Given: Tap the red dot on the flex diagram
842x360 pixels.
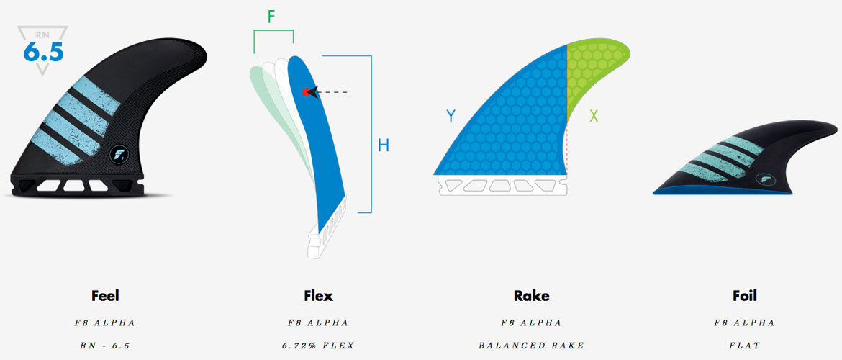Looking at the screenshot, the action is pyautogui.click(x=306, y=92).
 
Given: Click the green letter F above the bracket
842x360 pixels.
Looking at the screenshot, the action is pyautogui.click(x=271, y=17).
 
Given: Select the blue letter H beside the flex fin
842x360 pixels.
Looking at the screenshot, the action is pyautogui.click(x=384, y=145).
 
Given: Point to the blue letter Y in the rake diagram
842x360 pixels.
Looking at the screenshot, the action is pyautogui.click(x=451, y=115).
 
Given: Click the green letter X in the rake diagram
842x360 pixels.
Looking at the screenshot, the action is pyautogui.click(x=594, y=115).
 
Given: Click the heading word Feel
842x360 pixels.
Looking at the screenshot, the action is pyautogui.click(x=105, y=295).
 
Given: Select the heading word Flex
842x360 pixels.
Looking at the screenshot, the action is pyautogui.click(x=318, y=295).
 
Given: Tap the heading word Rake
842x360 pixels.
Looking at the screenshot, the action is pyautogui.click(x=531, y=295).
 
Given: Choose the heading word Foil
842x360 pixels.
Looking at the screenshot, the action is pyautogui.click(x=744, y=295).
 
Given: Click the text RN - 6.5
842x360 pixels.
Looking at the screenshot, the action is pyautogui.click(x=105, y=346).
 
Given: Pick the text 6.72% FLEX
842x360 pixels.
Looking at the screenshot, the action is pyautogui.click(x=318, y=346).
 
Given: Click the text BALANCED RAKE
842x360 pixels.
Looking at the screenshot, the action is pyautogui.click(x=531, y=346).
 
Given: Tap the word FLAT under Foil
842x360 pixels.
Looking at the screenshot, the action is pyautogui.click(x=744, y=346).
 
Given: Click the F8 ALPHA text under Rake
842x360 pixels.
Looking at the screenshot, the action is pyautogui.click(x=531, y=323).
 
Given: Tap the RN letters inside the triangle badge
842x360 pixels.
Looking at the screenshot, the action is pyautogui.click(x=43, y=35).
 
